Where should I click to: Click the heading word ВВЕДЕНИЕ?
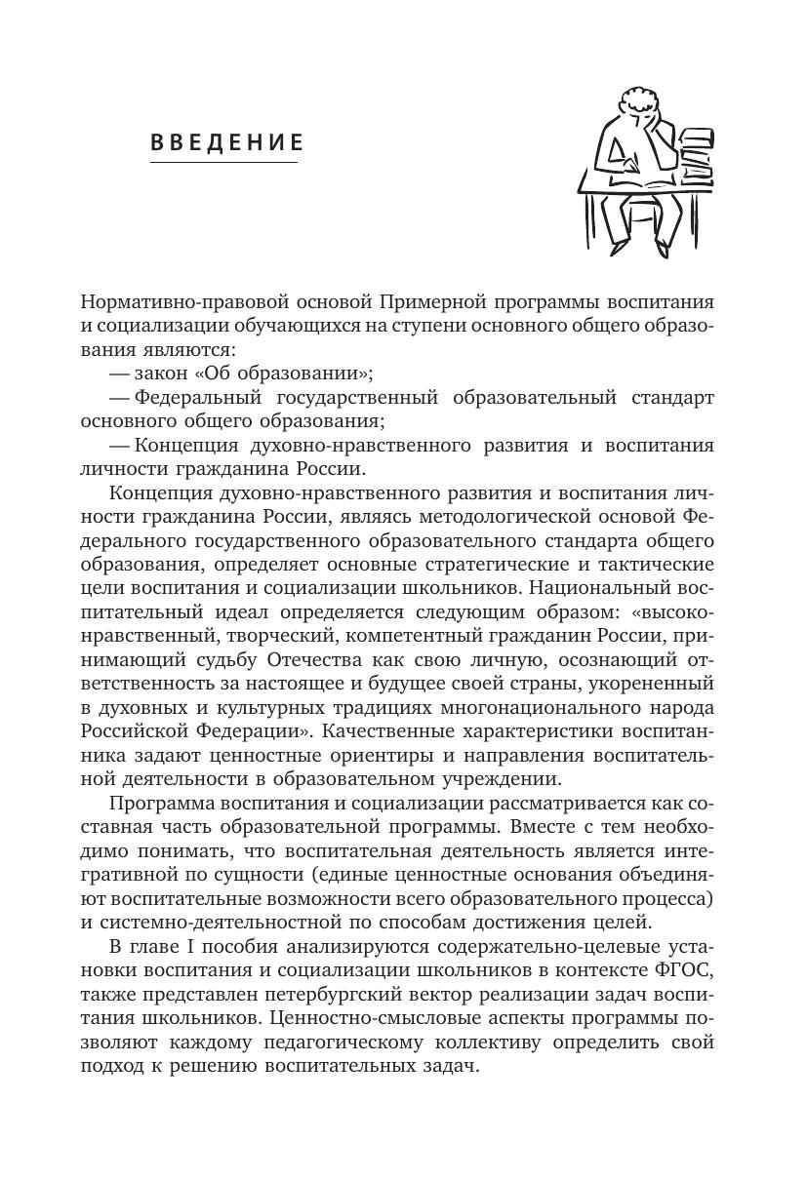226,143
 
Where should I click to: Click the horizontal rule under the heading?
223,162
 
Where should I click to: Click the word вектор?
469,994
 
